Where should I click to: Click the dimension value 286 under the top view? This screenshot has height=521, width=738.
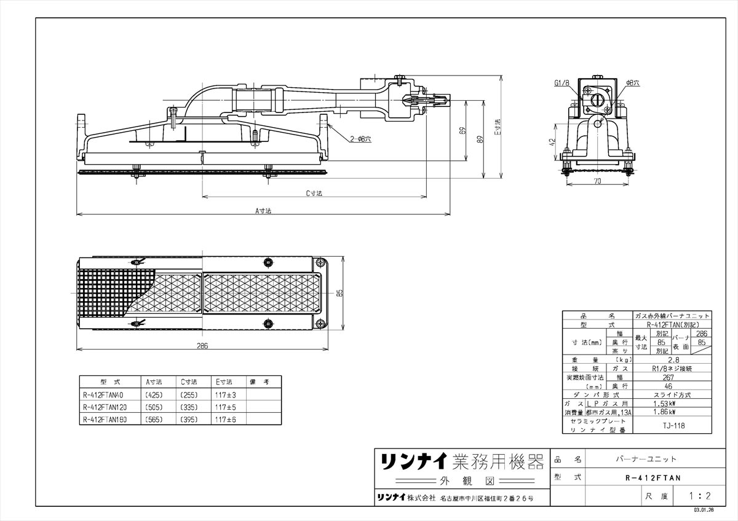(202, 346)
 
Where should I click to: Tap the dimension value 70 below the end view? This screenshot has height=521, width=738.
(597, 182)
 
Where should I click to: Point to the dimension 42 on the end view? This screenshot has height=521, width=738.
(552, 141)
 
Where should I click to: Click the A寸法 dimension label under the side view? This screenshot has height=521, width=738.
(263, 210)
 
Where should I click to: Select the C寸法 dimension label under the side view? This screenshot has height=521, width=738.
(315, 193)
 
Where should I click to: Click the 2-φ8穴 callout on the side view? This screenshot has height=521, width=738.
(360, 139)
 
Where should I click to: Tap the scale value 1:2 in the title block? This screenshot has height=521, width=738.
(699, 495)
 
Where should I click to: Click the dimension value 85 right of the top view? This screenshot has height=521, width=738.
(339, 294)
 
